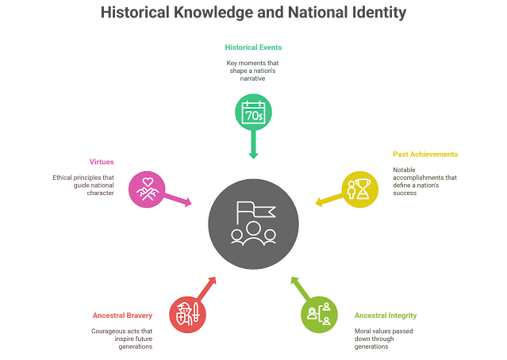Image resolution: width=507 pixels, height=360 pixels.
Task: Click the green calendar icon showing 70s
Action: [x=253, y=113]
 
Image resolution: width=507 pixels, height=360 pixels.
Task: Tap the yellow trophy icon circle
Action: [x=360, y=188]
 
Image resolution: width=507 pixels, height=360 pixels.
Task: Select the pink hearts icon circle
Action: [x=146, y=188]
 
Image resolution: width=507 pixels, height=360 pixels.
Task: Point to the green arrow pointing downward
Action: [x=253, y=147]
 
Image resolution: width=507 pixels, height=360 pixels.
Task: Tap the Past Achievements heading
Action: [x=425, y=153]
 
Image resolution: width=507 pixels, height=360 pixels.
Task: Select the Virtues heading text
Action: [x=102, y=162]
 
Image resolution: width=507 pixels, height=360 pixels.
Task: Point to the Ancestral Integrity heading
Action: [x=386, y=315]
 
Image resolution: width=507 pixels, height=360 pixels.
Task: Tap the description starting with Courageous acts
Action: [x=121, y=338]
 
